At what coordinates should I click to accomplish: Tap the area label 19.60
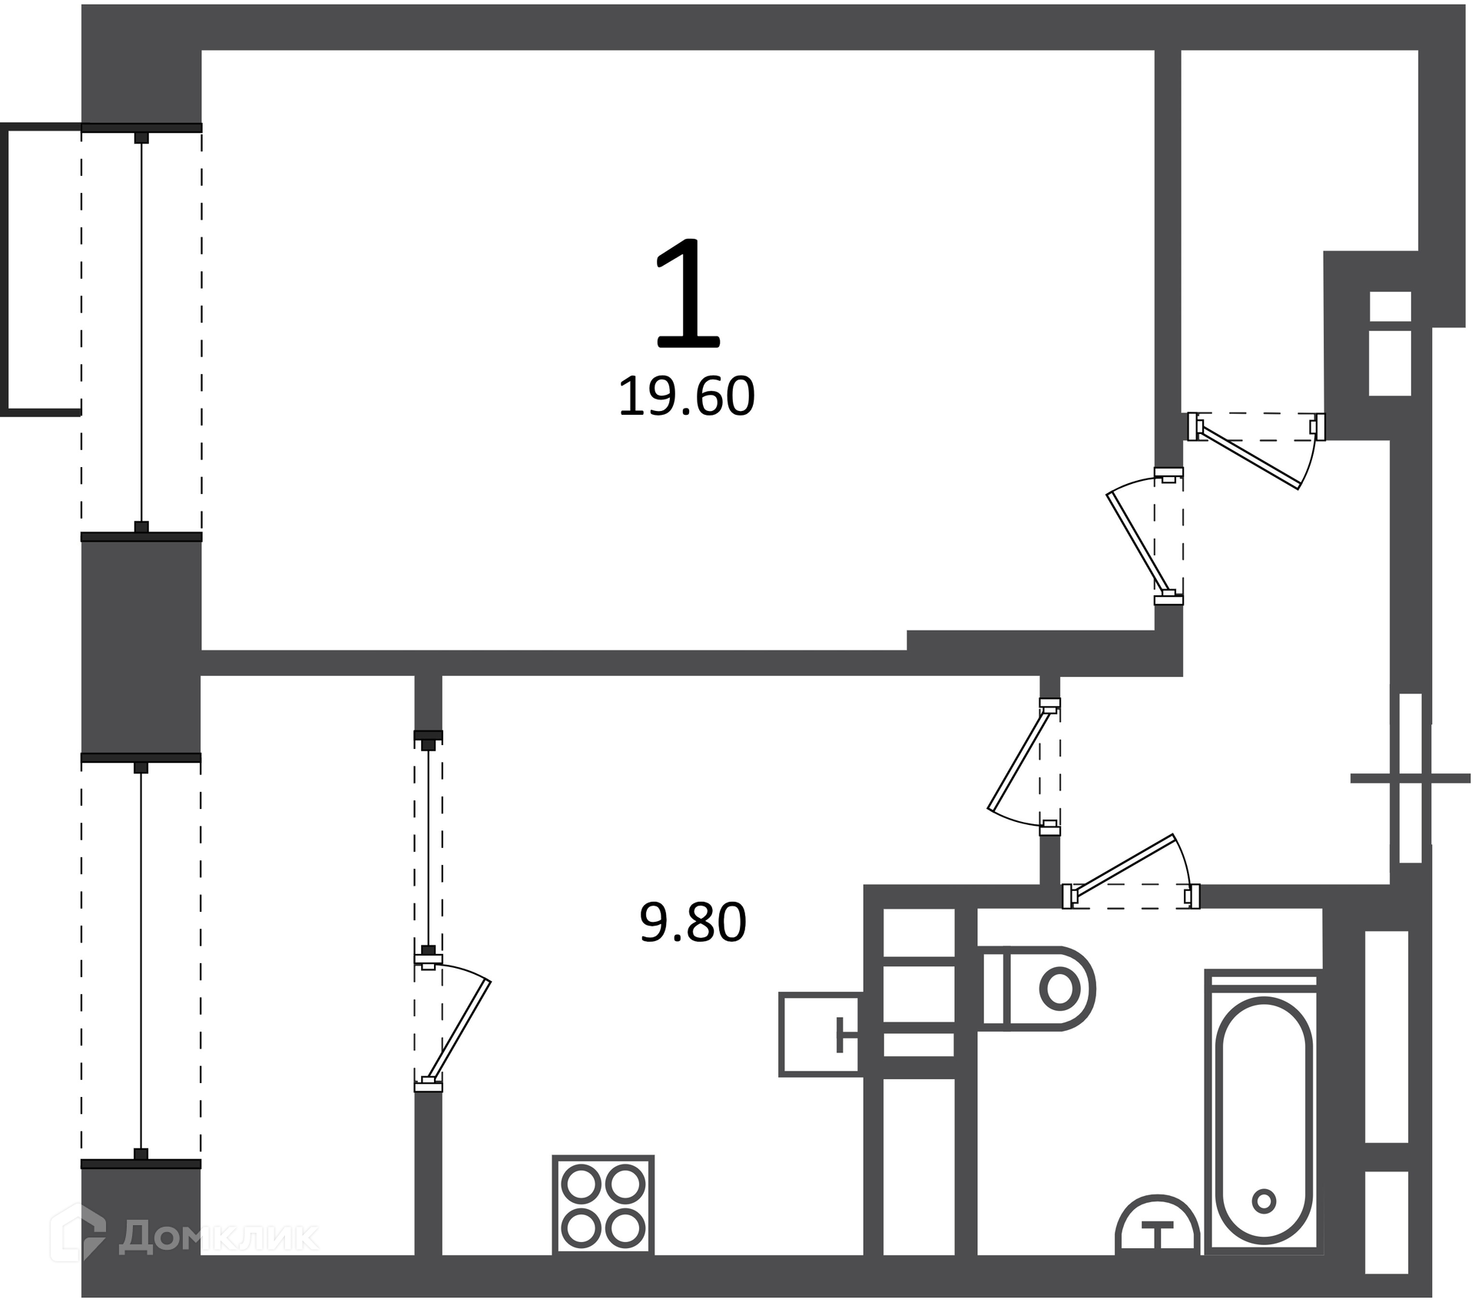click(x=686, y=397)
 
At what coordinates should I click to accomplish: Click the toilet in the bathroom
click(x=1039, y=989)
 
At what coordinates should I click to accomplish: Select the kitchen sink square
click(x=820, y=1034)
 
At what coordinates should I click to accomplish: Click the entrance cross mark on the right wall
click(x=1410, y=779)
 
